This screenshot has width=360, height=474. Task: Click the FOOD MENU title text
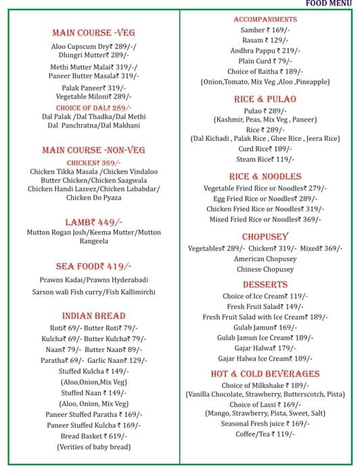pos(328,3)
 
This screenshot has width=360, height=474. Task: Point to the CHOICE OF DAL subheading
pos(93,108)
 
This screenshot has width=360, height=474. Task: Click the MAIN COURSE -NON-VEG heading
pos(93,150)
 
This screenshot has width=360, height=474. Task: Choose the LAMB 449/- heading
pos(93,221)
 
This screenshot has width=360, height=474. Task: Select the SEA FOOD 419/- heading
pos(93,266)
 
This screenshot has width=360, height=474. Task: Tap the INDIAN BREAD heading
pos(93,316)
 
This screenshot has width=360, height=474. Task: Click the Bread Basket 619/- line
pos(93,436)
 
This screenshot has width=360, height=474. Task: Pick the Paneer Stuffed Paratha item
pos(93,414)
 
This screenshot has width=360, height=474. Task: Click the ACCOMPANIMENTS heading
pos(265,19)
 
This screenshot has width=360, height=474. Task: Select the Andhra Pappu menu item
pos(265,51)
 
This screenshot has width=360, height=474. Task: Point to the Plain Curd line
pos(265,61)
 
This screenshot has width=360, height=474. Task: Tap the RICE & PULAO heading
pos(265,99)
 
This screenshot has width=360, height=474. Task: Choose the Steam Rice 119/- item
pos(265,159)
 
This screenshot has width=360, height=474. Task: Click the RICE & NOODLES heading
pos(265,176)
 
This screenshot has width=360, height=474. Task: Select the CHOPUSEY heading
pos(265,236)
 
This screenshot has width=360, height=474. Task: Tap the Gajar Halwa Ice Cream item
pos(265,358)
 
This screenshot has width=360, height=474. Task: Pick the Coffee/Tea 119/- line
pos(265,434)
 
